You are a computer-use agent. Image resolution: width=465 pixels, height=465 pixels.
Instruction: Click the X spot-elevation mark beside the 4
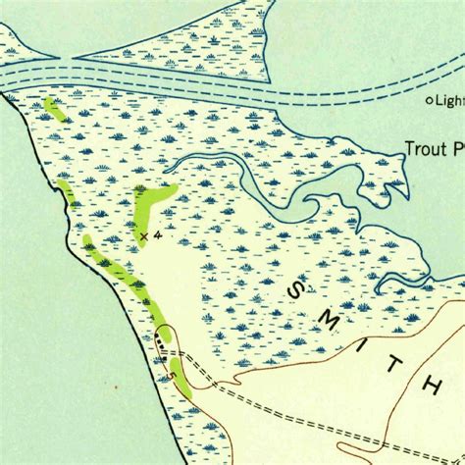(x=143, y=236)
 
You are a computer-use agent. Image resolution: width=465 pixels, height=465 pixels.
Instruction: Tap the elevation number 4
(x=156, y=235)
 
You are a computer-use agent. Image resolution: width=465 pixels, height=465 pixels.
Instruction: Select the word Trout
(x=424, y=150)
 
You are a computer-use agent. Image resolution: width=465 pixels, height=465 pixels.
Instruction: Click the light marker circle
(x=429, y=100)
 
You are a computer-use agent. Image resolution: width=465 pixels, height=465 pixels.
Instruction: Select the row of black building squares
(x=160, y=345)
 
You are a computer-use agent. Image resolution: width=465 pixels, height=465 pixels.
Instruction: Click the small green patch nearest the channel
(x=53, y=108)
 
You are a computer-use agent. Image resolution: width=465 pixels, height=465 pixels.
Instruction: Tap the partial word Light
(x=449, y=100)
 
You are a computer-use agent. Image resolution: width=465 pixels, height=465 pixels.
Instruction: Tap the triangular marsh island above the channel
(x=196, y=39)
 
